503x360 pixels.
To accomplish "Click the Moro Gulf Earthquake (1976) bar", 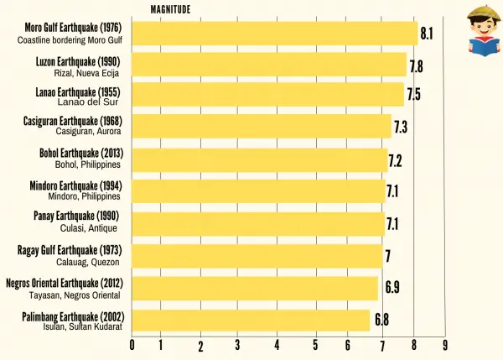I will point(275,34).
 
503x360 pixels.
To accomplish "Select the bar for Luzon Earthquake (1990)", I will point(269,65).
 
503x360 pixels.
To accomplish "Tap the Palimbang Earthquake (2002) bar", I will point(251,321).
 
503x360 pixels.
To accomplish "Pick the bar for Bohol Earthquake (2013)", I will point(260,159).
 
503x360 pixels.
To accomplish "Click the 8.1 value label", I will point(426,34).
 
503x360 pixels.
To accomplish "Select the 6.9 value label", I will point(392,288).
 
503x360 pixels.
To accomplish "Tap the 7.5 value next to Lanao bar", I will point(413,94).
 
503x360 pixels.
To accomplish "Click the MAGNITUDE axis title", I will point(170,10).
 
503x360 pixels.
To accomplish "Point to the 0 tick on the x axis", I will point(132,344).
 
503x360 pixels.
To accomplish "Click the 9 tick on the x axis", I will point(444,345).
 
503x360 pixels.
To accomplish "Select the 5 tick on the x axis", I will point(315,345).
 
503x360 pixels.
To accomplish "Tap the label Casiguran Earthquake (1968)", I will point(72,122).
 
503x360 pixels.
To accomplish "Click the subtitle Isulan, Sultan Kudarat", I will point(81,327).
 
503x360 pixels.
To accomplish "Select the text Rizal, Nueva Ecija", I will point(87,73).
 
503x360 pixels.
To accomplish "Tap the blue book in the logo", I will point(475,49).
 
